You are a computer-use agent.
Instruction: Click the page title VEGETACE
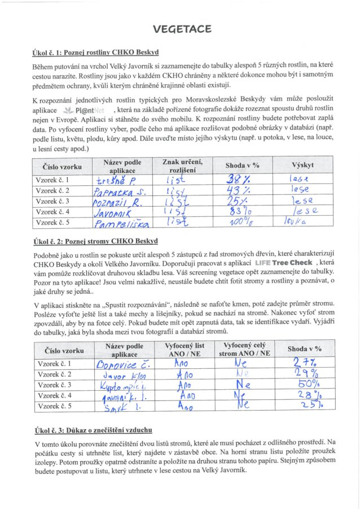(x=182, y=29)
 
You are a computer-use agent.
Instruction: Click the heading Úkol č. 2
(x=95, y=242)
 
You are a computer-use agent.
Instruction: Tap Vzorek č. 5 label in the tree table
(x=53, y=407)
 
